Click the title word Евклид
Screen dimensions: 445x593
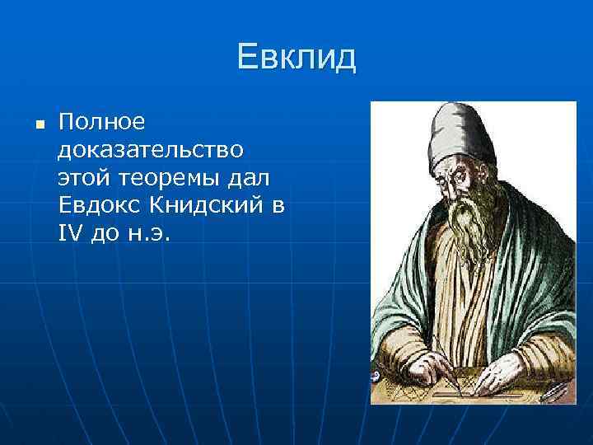pyautogui.click(x=296, y=58)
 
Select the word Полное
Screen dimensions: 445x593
pyautogui.click(x=102, y=123)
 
